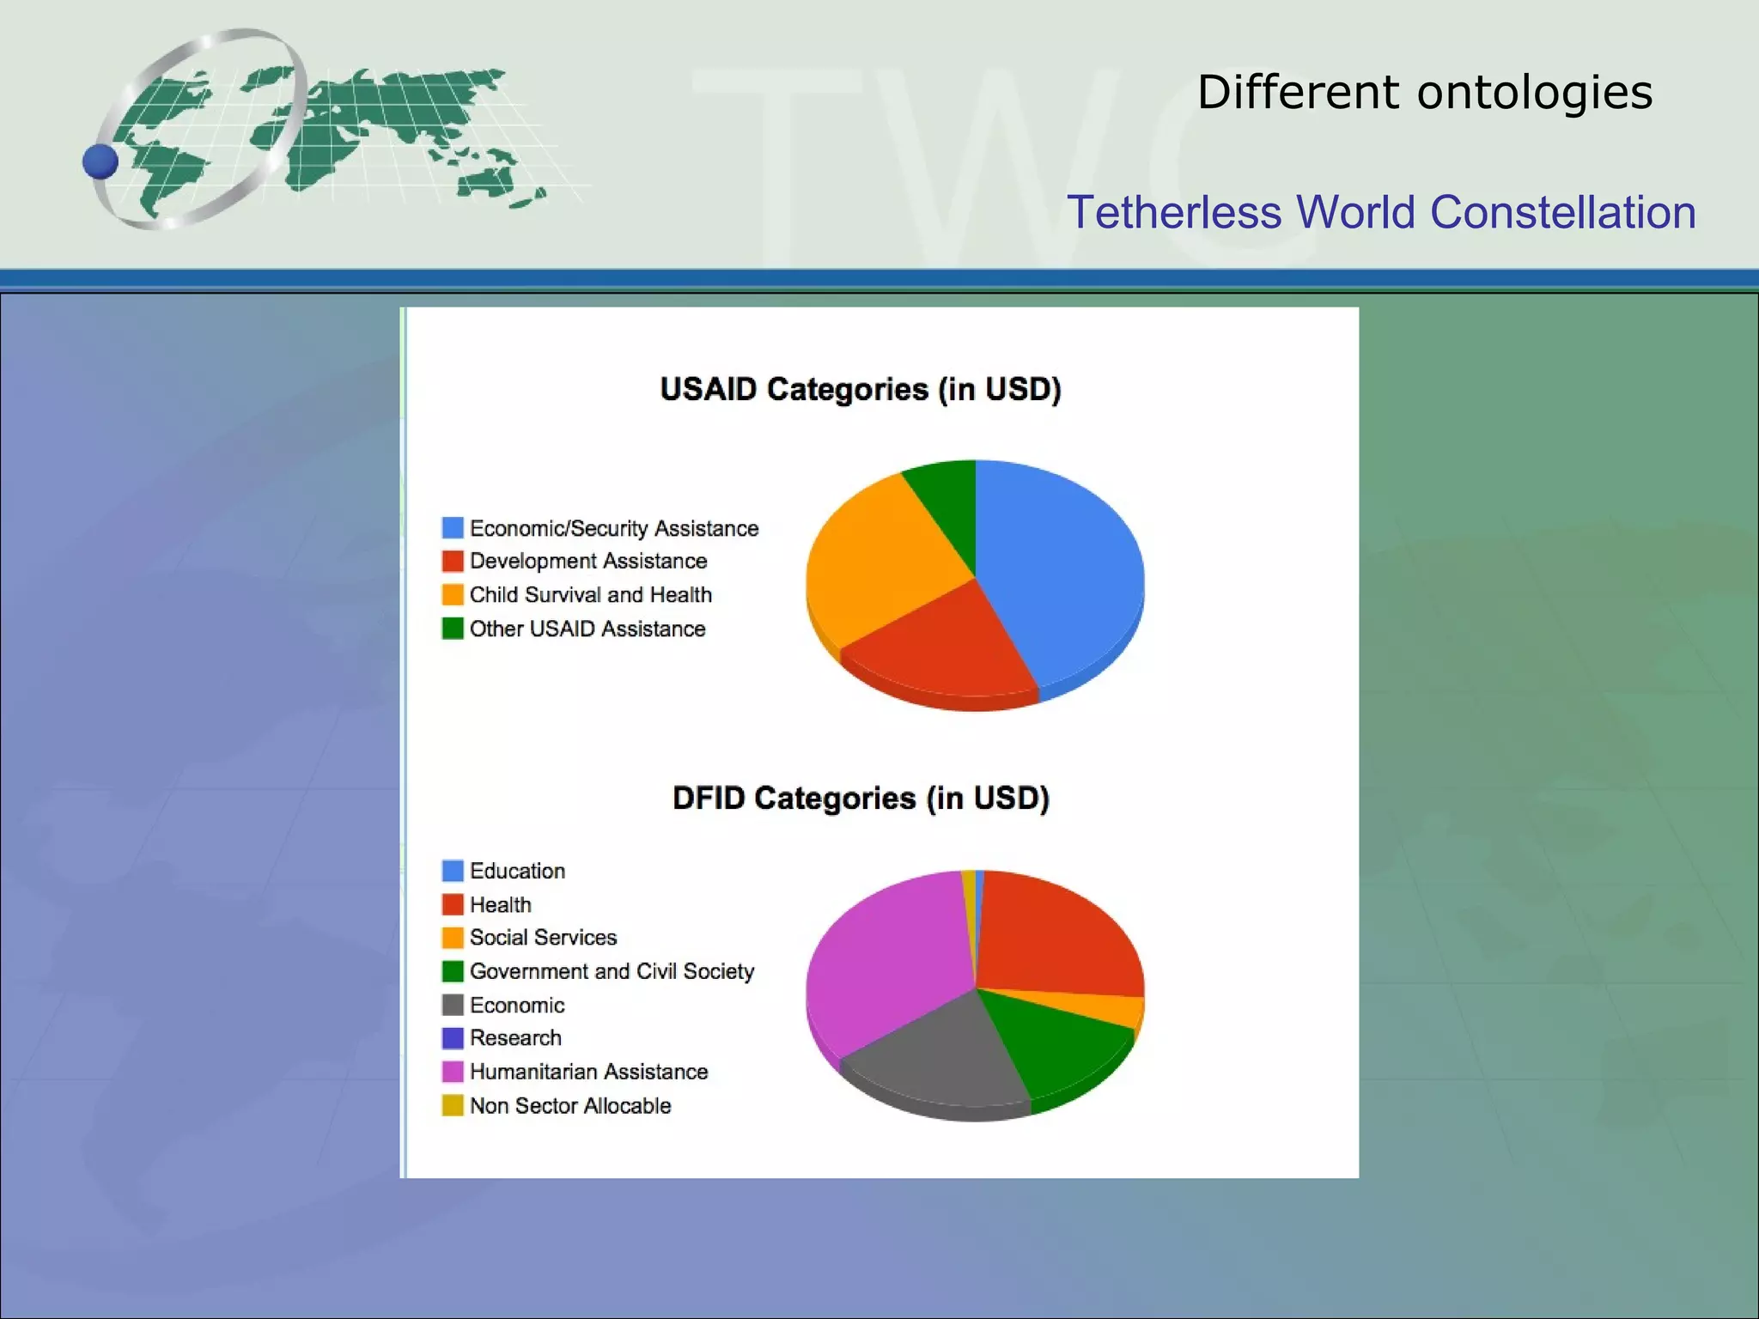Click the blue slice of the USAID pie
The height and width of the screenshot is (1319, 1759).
point(1065,567)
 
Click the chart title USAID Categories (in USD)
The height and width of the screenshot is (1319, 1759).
point(861,389)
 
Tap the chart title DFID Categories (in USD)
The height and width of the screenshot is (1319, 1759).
point(861,798)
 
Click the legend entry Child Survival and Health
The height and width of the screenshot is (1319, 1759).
point(590,594)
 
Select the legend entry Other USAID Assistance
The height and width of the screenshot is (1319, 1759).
point(587,629)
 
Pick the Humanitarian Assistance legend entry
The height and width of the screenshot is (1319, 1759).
point(588,1072)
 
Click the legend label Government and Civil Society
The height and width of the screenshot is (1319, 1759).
point(612,971)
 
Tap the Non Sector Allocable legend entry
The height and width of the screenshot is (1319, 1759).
point(570,1105)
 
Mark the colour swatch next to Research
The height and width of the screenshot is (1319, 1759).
point(453,1038)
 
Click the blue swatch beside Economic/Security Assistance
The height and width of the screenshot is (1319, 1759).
point(453,527)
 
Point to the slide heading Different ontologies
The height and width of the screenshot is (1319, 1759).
point(1425,92)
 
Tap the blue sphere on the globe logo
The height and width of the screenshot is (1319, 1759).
point(100,161)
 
